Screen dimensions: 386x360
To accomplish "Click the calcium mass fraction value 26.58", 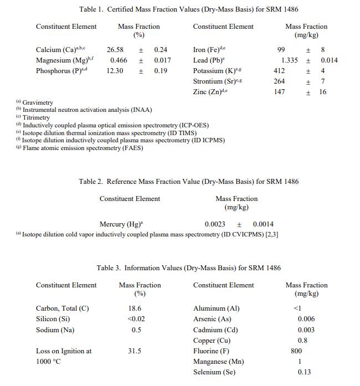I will [115, 50].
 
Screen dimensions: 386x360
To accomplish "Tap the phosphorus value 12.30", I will [115, 71].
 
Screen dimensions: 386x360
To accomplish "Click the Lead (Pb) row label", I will [208, 60].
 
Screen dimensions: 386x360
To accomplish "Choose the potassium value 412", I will [280, 71].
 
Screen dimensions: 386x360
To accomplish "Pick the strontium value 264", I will [280, 81].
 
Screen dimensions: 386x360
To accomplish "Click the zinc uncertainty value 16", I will [323, 92].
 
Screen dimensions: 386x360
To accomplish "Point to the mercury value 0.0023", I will [215, 224].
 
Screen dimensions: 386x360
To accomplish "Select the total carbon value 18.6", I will [135, 308].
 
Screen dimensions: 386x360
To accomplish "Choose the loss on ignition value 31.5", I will [135, 351].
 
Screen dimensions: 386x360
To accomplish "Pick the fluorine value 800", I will [297, 351].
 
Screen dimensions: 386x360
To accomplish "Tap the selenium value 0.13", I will [304, 372].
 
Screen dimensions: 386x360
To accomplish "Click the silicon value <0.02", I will [136, 319].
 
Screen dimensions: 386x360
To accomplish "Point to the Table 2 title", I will [189, 182].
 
